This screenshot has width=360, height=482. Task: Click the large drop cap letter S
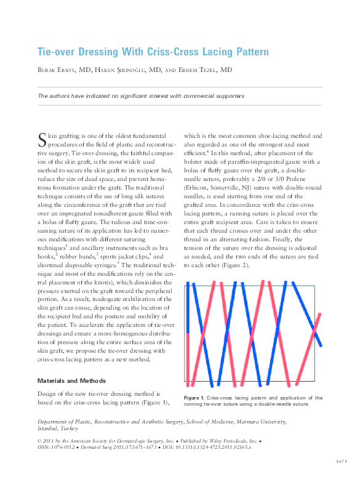click(42, 139)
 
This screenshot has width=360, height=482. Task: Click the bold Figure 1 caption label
click(195, 398)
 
